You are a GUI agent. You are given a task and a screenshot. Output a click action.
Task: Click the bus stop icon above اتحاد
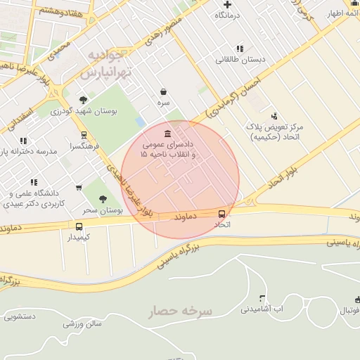click(222, 214)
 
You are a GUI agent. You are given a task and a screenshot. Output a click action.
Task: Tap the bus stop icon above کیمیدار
click(79, 226)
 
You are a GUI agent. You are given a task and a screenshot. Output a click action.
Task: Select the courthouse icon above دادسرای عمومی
click(167, 134)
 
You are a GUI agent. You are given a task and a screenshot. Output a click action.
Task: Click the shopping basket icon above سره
click(164, 91)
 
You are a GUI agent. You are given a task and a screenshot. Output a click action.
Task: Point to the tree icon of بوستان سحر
click(104, 199)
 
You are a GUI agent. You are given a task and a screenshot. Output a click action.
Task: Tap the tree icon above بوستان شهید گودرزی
click(84, 100)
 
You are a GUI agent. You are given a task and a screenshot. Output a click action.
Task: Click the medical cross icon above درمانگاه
click(227, 4)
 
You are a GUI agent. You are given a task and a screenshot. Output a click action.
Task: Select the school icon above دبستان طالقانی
click(240, 49)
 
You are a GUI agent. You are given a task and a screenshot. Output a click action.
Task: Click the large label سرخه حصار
click(180, 311)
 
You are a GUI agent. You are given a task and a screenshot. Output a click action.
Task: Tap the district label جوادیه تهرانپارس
click(106, 63)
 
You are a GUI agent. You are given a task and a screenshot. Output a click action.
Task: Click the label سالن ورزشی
click(83, 324)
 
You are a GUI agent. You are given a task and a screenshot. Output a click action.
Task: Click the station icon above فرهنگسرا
click(84, 135)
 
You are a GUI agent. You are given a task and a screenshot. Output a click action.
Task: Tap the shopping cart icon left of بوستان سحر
click(79, 188)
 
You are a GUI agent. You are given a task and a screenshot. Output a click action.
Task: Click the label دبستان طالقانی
click(240, 60)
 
